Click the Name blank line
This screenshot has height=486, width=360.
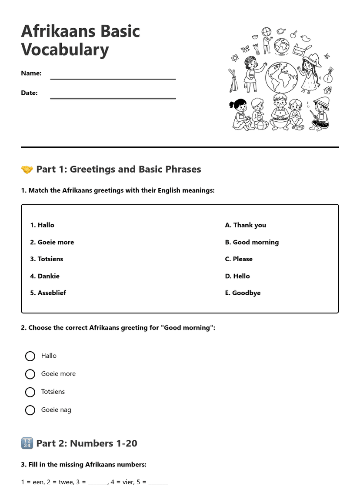tap(113, 78)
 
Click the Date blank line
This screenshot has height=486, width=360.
tap(113, 98)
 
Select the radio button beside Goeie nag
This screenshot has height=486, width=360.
tap(30, 410)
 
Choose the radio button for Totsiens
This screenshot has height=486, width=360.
tap(30, 392)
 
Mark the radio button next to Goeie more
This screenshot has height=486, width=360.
tap(30, 374)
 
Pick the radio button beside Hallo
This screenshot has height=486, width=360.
tap(30, 356)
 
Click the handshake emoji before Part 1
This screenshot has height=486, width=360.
tap(27, 170)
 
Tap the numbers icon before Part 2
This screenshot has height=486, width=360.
tap(27, 443)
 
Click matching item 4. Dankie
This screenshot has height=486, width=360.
tap(45, 276)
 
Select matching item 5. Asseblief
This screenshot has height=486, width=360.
tap(48, 293)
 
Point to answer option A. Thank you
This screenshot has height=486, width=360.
tap(245, 225)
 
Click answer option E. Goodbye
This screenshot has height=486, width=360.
tap(243, 293)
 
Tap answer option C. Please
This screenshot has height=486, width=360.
tap(239, 259)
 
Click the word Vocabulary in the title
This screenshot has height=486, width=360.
tap(65, 50)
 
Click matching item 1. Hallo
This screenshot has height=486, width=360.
tap(42, 225)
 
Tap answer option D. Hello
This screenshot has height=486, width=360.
tap(237, 276)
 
